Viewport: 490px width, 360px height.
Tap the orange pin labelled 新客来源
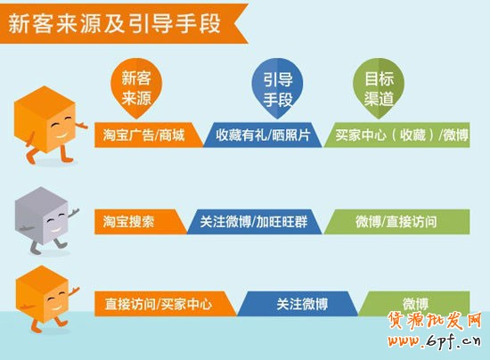tap(136, 86)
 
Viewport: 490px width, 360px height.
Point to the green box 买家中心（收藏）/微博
tap(401, 135)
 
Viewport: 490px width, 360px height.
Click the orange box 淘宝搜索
tap(134, 221)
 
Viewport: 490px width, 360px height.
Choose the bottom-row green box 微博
tap(415, 303)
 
